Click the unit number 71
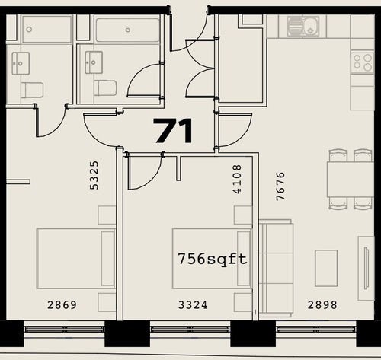tap(174, 131)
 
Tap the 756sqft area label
tap(213, 260)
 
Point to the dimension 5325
tap(94, 175)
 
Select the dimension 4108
tap(237, 180)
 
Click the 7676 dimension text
tap(280, 186)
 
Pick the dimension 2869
tap(62, 305)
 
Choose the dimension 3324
tap(193, 305)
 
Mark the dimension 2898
tap(322, 305)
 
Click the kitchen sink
tap(303, 26)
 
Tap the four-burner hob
tap(363, 62)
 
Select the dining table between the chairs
tap(351, 179)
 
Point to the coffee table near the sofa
tap(326, 268)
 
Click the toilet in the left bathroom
tap(32, 90)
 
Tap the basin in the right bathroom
tap(94, 62)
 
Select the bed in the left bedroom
tap(75, 259)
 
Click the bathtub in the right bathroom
tap(128, 30)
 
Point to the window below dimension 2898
tap(316, 329)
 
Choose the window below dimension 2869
tap(64, 329)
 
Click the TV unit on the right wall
tap(367, 268)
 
